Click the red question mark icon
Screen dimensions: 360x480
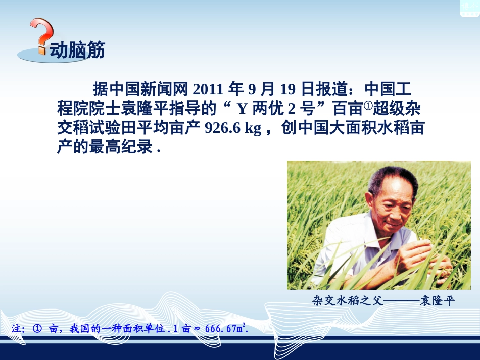coord(41,35)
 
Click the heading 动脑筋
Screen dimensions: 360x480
coord(77,50)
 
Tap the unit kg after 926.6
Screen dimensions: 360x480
coord(253,129)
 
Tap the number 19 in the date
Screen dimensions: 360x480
coord(286,90)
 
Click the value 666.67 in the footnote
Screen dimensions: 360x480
coord(221,329)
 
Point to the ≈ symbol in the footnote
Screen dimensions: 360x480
coord(197,329)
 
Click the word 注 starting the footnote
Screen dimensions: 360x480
coord(16,329)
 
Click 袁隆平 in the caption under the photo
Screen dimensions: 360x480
coord(438,302)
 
